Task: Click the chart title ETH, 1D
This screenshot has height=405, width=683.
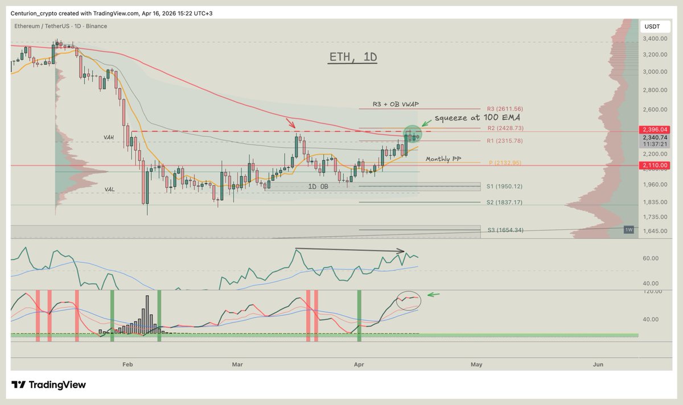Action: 353,57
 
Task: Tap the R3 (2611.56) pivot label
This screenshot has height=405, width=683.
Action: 504,109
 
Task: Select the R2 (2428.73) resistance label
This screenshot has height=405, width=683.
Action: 504,129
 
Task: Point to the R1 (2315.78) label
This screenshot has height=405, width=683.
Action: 504,140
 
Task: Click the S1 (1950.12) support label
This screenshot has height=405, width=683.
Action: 504,186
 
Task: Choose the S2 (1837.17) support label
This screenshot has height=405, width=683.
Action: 504,202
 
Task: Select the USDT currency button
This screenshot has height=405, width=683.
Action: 652,26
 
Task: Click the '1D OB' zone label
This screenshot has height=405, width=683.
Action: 318,186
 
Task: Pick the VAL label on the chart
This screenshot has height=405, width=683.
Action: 110,189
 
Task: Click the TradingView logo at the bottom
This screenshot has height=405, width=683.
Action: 49,385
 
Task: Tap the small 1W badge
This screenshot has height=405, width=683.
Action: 629,229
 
